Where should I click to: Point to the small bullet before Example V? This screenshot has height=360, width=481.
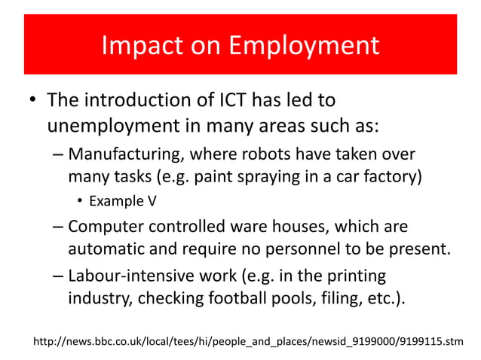pos(80,202)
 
